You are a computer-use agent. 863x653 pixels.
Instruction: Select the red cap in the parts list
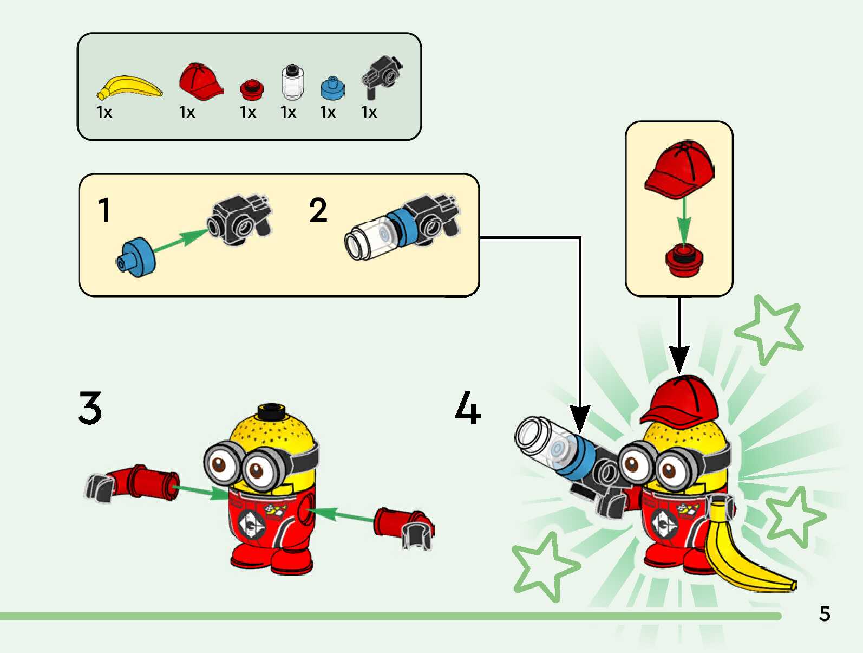click(200, 81)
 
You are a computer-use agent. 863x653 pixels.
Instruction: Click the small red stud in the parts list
click(251, 89)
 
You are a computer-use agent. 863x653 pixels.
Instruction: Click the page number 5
click(824, 614)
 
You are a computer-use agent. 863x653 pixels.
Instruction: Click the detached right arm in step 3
click(403, 525)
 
